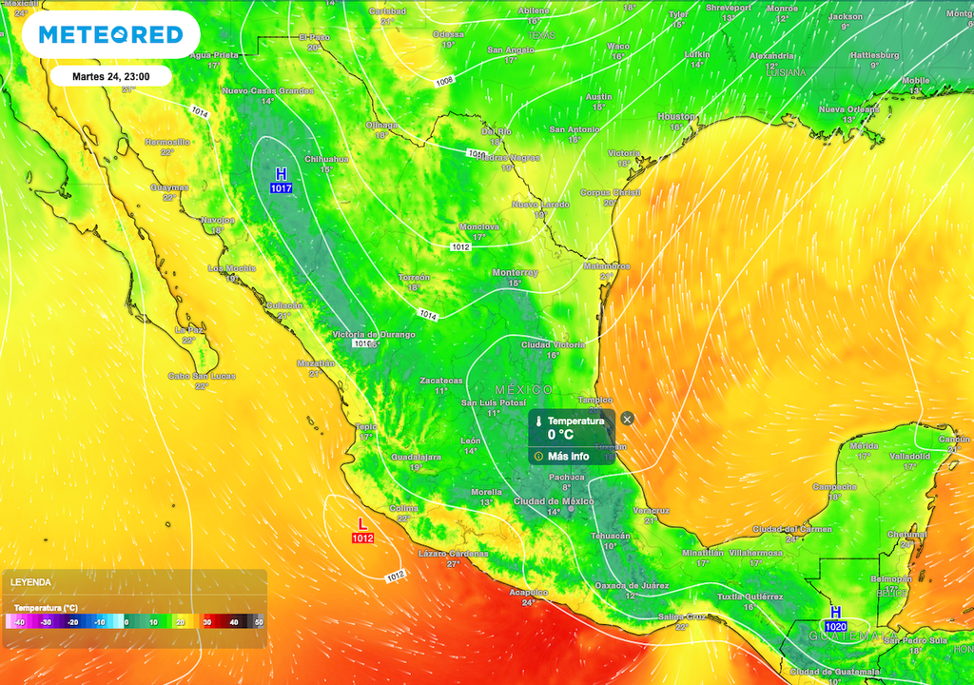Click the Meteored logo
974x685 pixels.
[109, 35]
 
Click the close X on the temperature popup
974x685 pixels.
[626, 419]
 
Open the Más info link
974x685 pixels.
[568, 456]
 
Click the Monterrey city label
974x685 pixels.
[515, 273]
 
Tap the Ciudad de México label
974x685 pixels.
[553, 501]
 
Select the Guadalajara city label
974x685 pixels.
[415, 458]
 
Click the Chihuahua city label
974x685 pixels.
[326, 159]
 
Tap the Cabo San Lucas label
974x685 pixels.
[201, 376]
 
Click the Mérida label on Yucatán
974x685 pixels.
[864, 445]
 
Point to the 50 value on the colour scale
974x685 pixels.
[257, 621]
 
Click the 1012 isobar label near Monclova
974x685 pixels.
[460, 247]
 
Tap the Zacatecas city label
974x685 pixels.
[441, 381]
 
